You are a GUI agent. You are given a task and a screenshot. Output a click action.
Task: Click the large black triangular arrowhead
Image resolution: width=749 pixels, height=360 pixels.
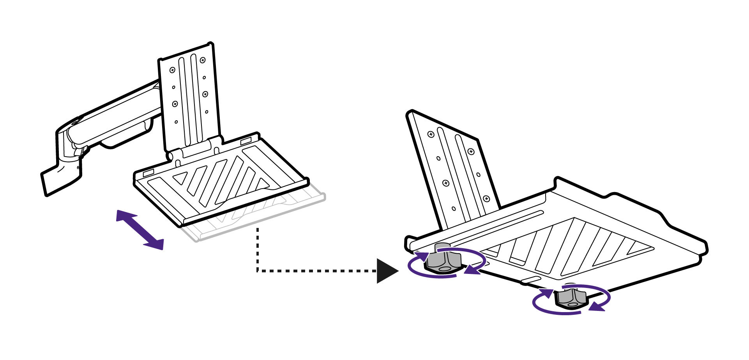pyautogui.click(x=386, y=271)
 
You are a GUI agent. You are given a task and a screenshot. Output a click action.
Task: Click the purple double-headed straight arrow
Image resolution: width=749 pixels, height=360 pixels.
pyautogui.click(x=140, y=230)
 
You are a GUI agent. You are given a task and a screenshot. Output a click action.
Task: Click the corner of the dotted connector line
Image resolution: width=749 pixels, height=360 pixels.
pyautogui.click(x=258, y=270)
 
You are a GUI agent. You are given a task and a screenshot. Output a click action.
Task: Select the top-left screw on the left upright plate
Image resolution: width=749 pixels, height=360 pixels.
pyautogui.click(x=172, y=70)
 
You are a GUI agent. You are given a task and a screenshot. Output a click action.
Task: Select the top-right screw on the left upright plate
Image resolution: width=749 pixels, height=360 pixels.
pyautogui.click(x=203, y=60)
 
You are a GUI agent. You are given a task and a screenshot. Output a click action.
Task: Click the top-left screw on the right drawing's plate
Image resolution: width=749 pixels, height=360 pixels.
pyautogui.click(x=431, y=134)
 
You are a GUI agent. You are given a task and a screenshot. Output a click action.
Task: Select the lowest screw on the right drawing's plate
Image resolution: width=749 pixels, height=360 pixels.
pyautogui.click(x=486, y=199)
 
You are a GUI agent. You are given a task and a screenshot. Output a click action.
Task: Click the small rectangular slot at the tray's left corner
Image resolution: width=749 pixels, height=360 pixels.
pyautogui.click(x=149, y=171)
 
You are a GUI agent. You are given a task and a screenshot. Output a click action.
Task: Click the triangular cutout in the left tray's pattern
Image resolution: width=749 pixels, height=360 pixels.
pyautogui.click(x=180, y=178)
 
